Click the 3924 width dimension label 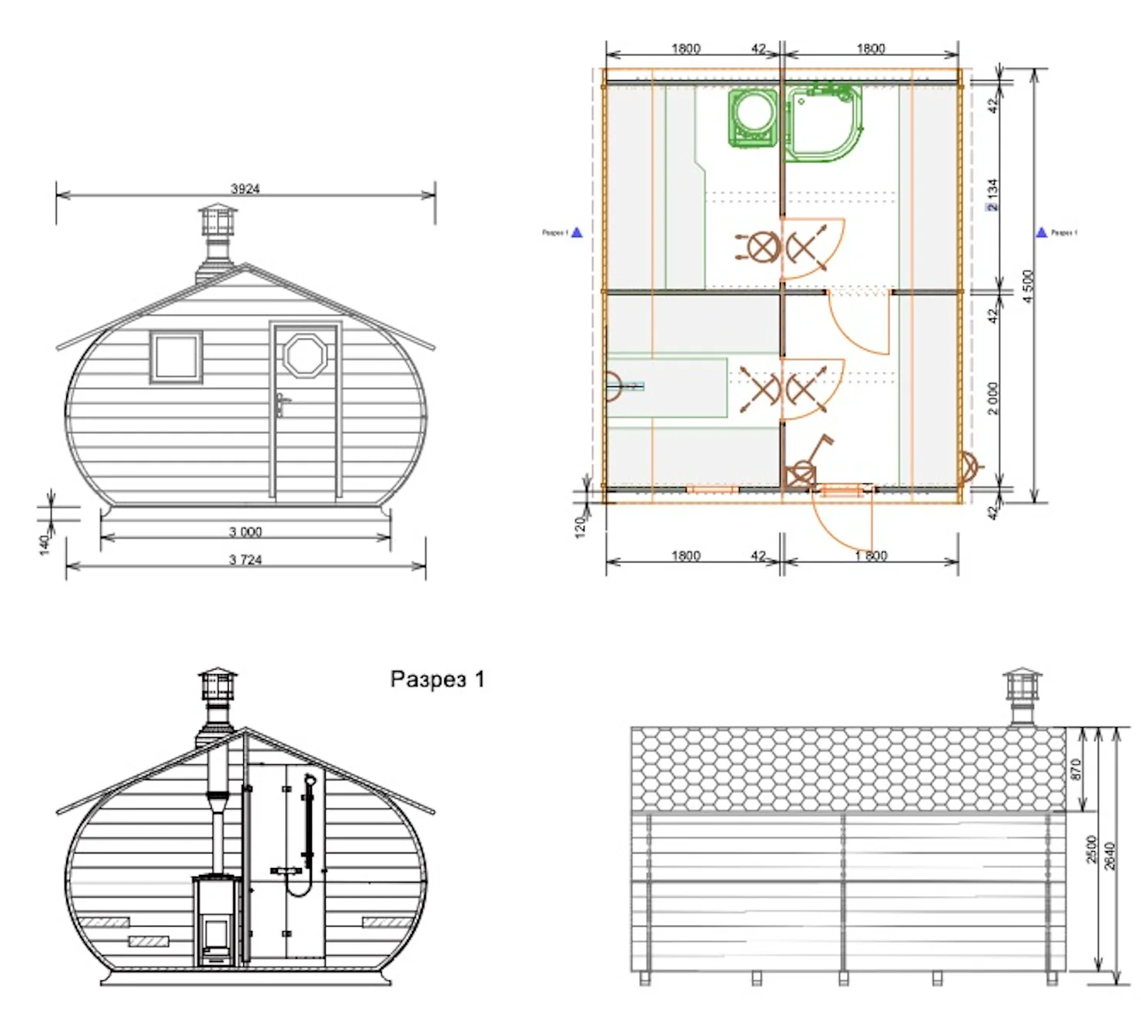[245, 189]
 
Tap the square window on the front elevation [176, 356]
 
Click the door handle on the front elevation [282, 404]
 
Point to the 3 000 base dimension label [245, 532]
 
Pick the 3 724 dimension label [245, 560]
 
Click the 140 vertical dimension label [44, 543]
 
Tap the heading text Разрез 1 [437, 679]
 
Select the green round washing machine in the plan [753, 117]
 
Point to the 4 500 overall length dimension [1028, 286]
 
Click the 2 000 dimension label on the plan [993, 398]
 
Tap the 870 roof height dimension [1076, 769]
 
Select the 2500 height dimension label [1092, 849]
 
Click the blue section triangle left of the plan [577, 232]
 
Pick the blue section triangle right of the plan [1042, 232]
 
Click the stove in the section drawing [216, 920]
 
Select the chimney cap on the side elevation [1022, 680]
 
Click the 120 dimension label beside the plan [581, 526]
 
